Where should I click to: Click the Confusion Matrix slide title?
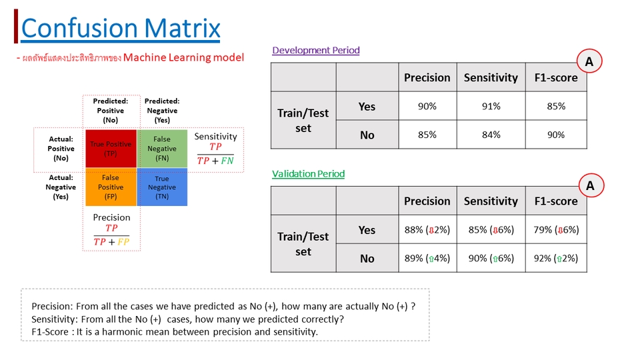(121, 28)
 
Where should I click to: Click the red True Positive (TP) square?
(111, 148)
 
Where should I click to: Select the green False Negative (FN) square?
(162, 148)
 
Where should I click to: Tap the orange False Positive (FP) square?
(111, 187)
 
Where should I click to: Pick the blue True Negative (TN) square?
(162, 187)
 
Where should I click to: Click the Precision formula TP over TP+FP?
(111, 234)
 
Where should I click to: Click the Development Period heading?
(316, 51)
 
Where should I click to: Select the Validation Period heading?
(308, 174)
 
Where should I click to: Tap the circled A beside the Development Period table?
(589, 63)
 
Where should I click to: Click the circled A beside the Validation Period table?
(589, 187)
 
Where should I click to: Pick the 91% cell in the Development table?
(491, 106)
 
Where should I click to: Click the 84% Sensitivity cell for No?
(491, 135)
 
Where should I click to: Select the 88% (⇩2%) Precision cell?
(427, 230)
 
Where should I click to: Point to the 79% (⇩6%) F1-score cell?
(556, 230)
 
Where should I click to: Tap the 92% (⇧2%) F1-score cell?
(556, 258)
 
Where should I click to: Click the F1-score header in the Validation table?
(556, 201)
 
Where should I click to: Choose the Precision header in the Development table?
(427, 77)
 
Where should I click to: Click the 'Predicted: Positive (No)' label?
(111, 111)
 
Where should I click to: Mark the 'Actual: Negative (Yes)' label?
(61, 187)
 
